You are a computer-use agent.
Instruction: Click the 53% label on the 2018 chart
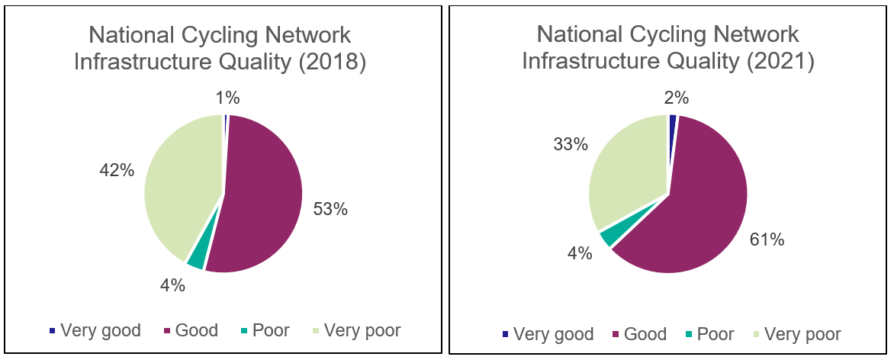(330, 208)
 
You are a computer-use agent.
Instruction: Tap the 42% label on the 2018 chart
(117, 170)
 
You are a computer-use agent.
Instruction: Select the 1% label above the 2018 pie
(227, 97)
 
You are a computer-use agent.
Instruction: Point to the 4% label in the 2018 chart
(172, 285)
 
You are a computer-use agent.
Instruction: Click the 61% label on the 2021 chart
(767, 239)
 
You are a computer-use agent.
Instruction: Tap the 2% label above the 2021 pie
(676, 97)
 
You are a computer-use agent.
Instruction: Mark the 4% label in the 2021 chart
(580, 252)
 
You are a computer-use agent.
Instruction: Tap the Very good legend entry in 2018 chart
(95, 330)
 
